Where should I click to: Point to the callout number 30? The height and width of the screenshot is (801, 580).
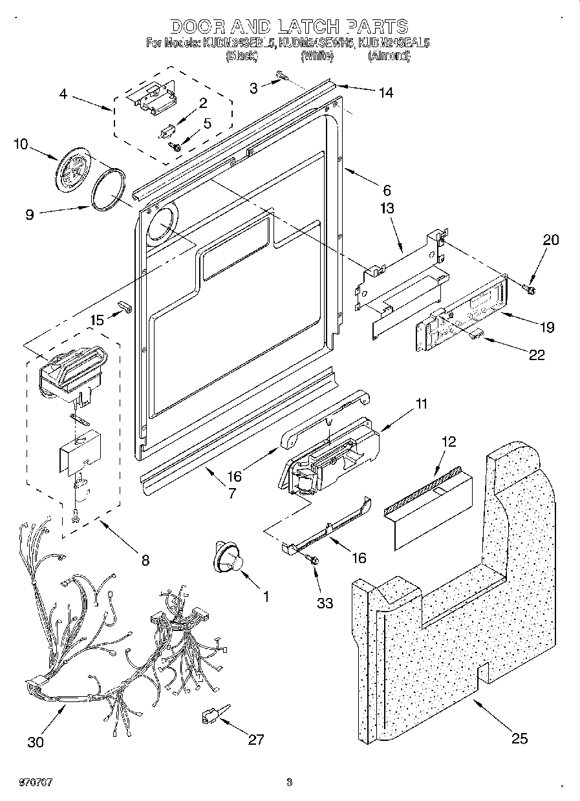pos(36,742)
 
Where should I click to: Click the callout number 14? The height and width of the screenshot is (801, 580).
pos(385,92)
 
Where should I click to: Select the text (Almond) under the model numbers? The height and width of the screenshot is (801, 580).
pos(389,56)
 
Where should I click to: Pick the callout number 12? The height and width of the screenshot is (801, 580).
pos(448,442)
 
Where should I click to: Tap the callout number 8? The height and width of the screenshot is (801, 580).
pos(145,561)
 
